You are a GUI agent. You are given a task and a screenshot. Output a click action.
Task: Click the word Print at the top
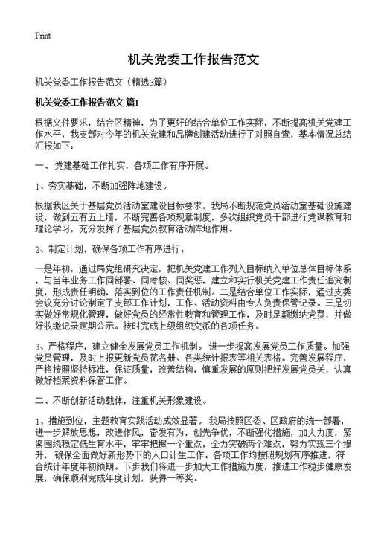(x=42, y=35)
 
